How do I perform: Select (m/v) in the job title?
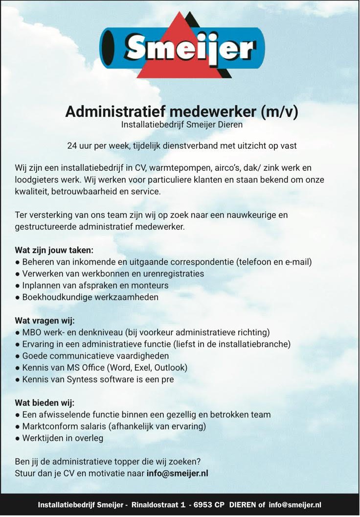click(280, 112)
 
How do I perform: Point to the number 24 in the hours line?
click(72, 145)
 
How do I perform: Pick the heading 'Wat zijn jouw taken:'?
click(54, 250)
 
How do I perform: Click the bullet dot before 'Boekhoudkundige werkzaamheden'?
click(17, 297)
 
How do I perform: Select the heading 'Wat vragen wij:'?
click(45, 321)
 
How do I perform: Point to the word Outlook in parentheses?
click(169, 368)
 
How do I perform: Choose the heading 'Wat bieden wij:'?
click(45, 403)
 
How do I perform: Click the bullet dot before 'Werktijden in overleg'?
click(17, 438)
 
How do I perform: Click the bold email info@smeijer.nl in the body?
click(178, 473)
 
